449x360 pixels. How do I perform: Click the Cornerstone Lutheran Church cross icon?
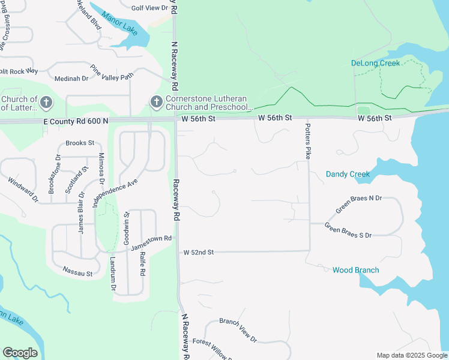(156, 101)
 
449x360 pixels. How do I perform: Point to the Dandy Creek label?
(348, 174)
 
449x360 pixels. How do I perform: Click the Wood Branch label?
(355, 270)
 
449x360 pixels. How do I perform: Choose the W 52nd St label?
(199, 253)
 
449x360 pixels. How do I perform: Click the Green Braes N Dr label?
(358, 204)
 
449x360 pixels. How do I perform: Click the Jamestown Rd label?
(152, 242)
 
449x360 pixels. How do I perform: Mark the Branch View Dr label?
(238, 331)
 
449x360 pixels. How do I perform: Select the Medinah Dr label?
(71, 79)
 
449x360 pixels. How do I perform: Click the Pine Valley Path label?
(111, 72)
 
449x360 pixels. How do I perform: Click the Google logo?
(20, 353)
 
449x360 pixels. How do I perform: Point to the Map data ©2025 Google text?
(411, 355)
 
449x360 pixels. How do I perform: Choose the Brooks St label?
(80, 143)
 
